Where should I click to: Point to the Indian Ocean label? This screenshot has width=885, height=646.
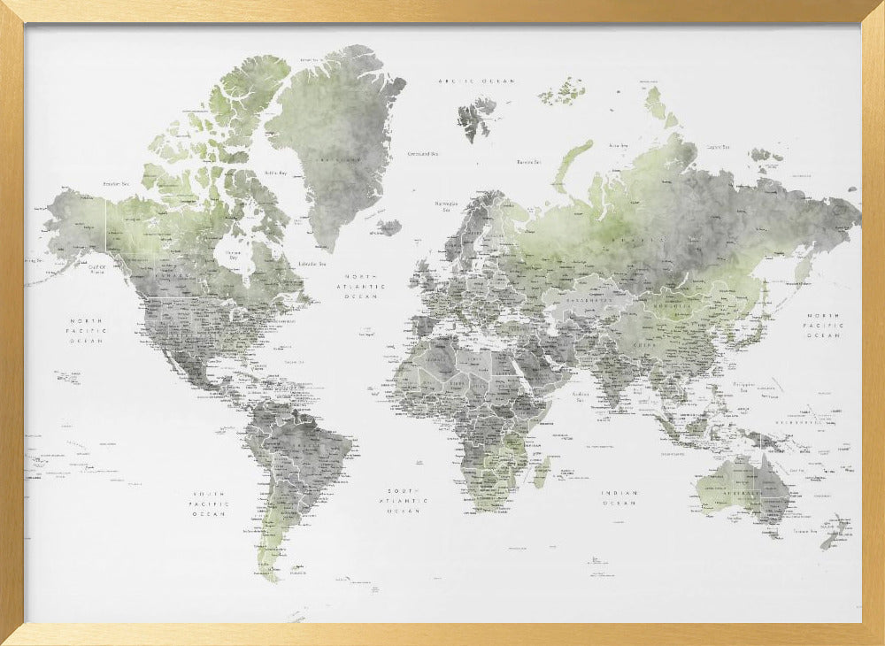(619, 497)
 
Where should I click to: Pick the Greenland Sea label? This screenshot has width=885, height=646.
(422, 153)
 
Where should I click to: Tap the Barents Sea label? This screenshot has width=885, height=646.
(529, 162)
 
